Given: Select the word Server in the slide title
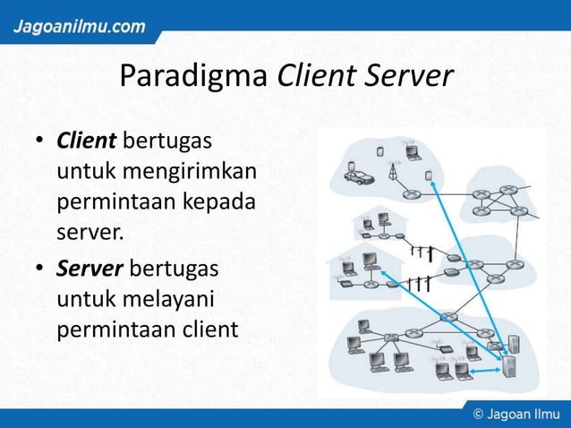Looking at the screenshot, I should pyautogui.click(x=411, y=77).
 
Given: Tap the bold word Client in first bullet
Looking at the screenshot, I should pyautogui.click(x=85, y=141).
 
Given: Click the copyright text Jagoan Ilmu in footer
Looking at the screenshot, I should pyautogui.click(x=517, y=416).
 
